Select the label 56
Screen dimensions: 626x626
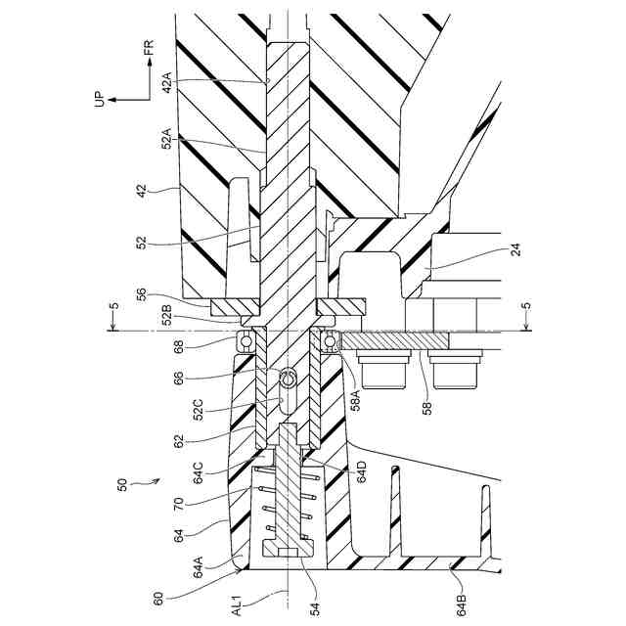click(x=167, y=292)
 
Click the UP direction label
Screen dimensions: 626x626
click(x=99, y=100)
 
